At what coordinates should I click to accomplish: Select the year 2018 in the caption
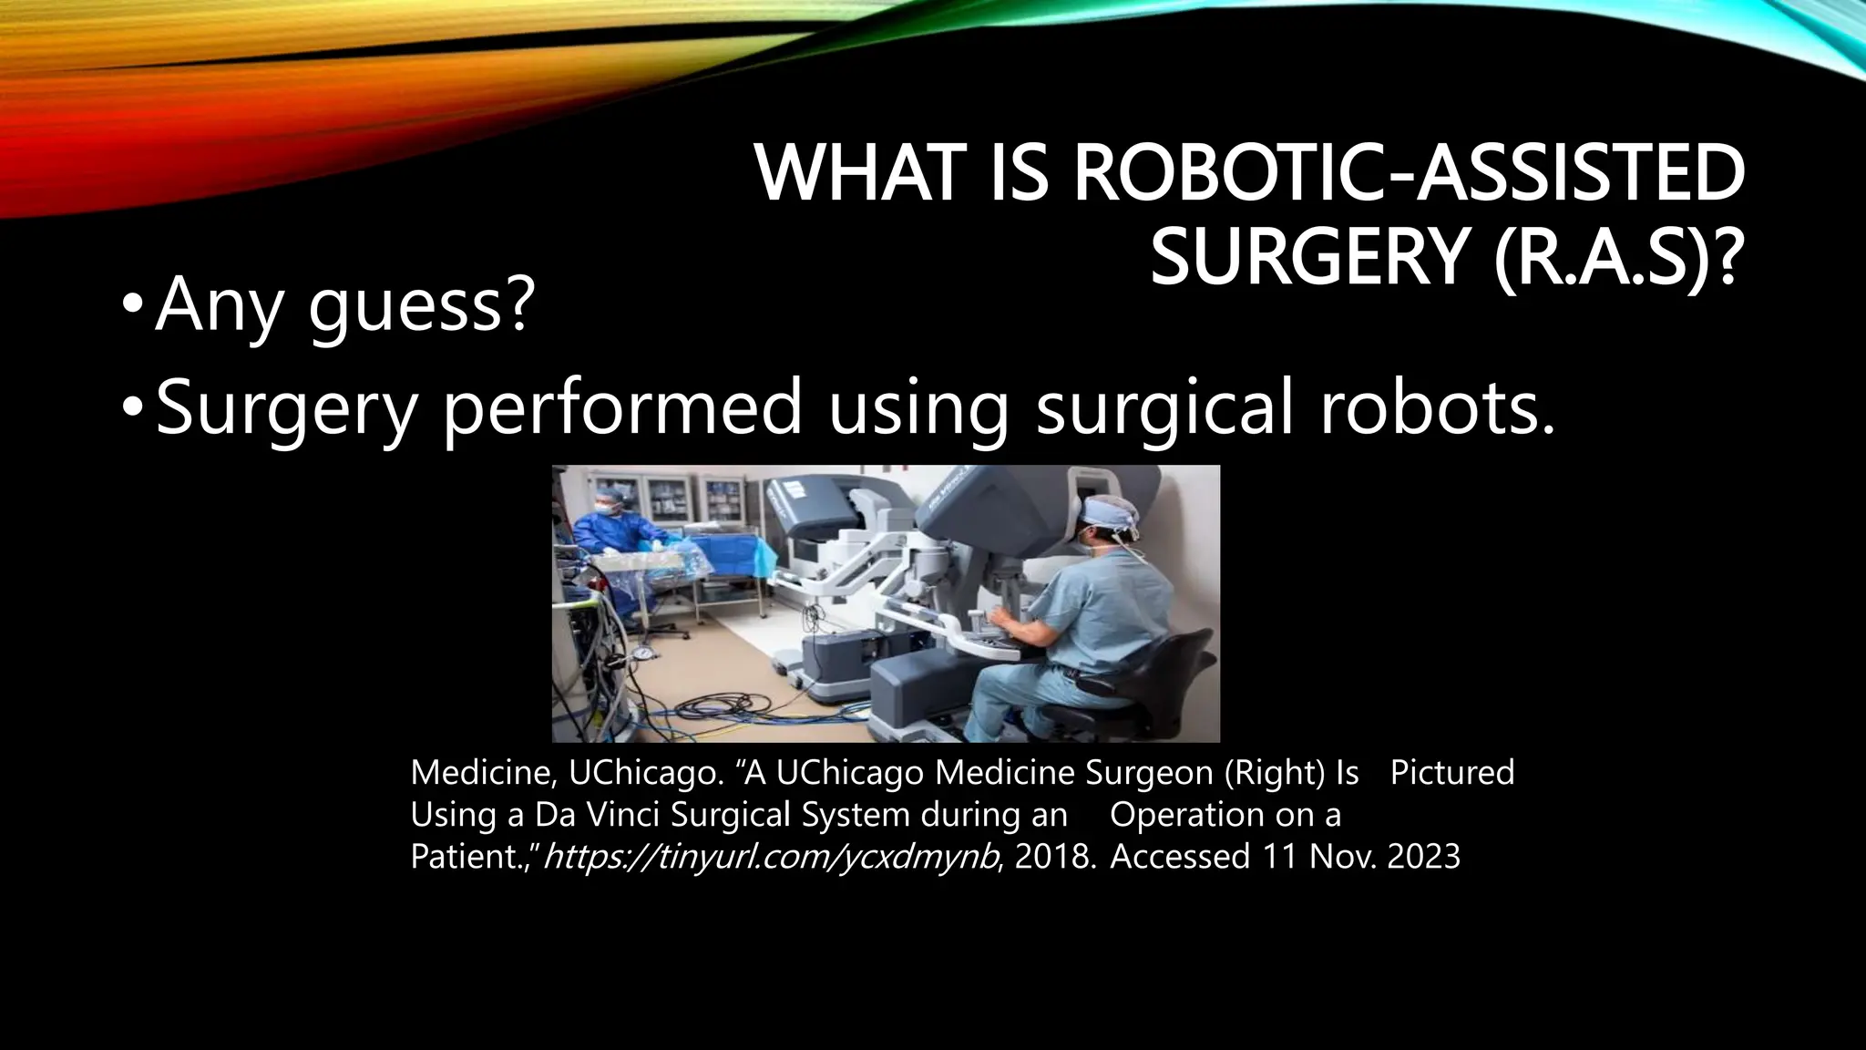(1054, 857)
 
